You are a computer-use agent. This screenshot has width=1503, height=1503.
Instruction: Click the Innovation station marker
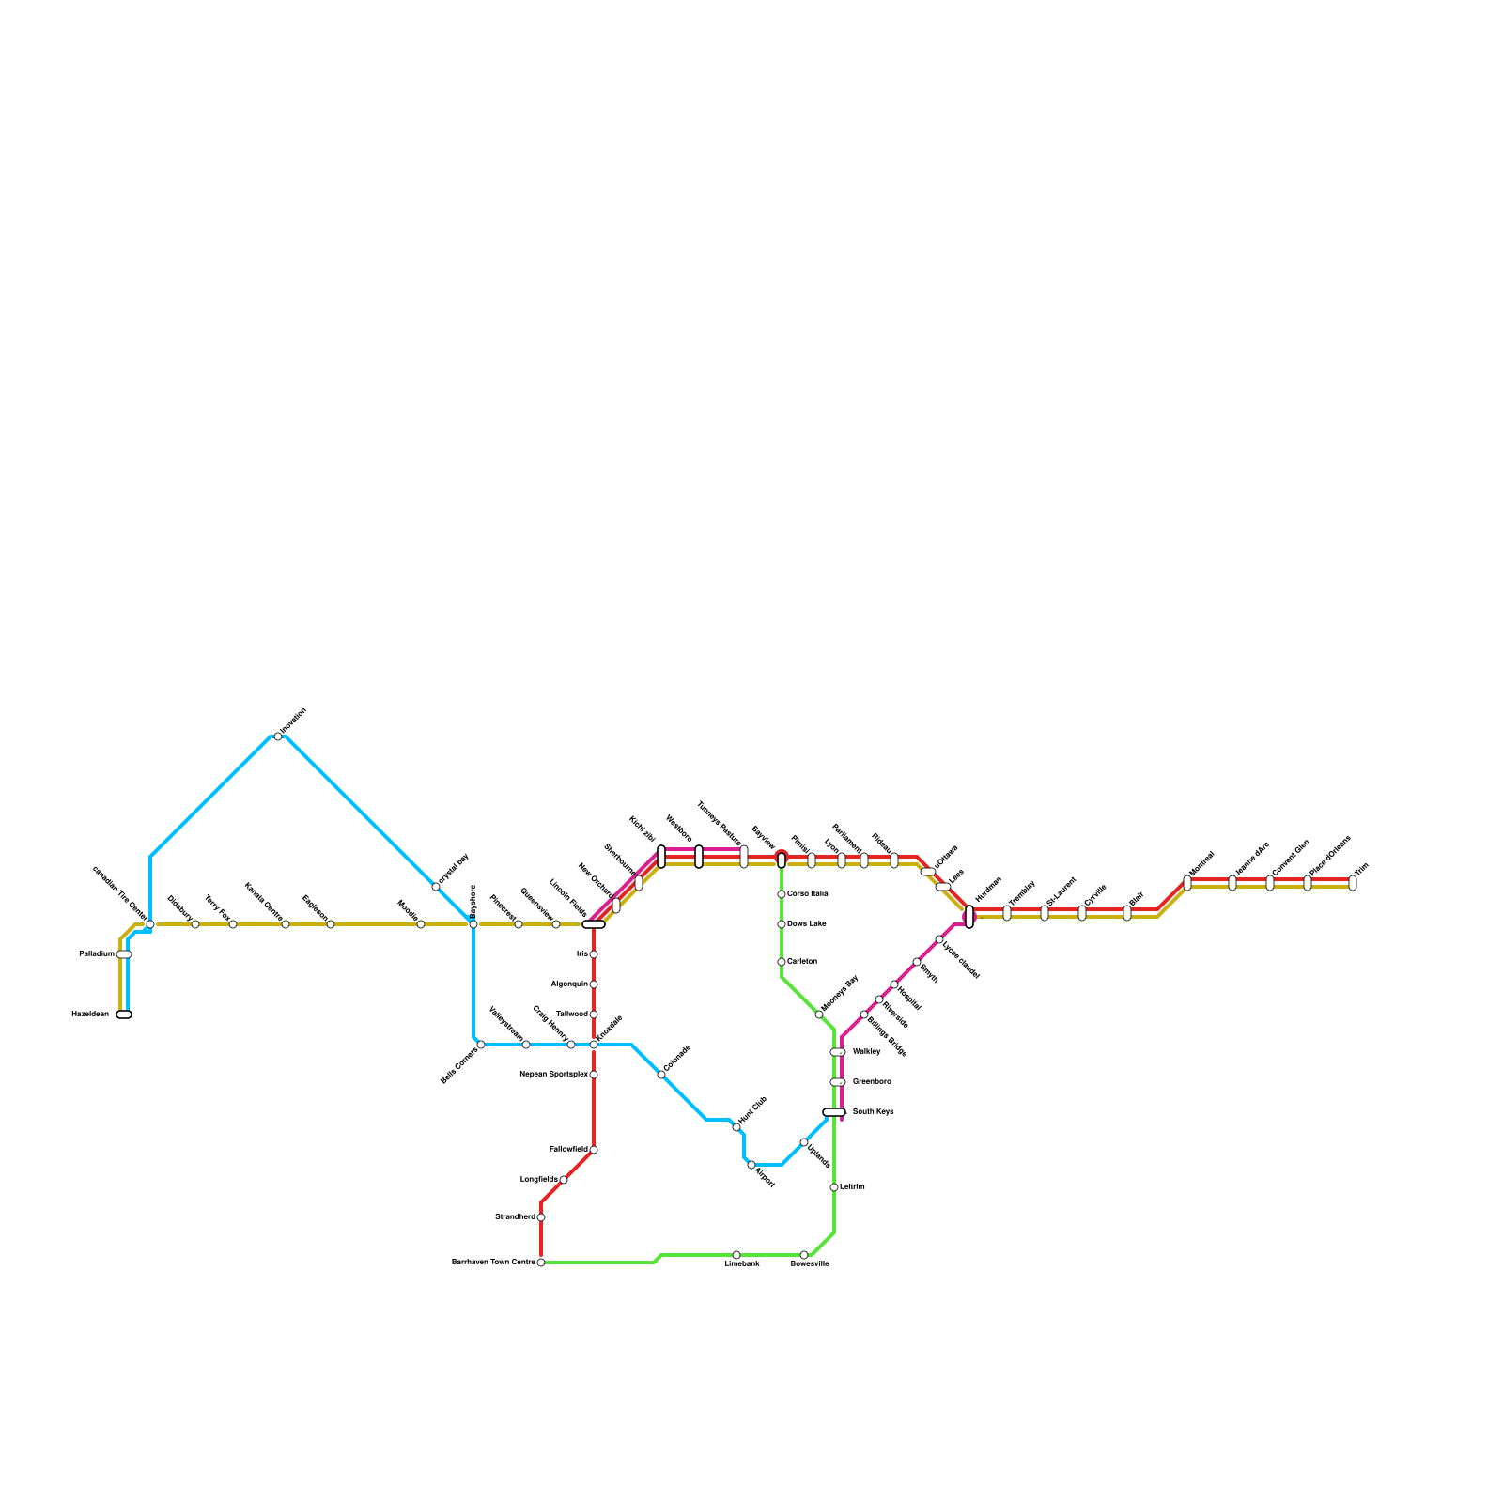tap(278, 736)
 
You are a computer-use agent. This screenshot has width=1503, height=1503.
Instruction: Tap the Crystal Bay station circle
tap(436, 887)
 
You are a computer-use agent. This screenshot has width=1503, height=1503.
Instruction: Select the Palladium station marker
tap(124, 954)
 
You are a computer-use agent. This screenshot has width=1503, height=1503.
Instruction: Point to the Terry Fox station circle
tap(233, 924)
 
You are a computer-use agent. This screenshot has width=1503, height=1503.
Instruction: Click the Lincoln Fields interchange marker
tap(594, 924)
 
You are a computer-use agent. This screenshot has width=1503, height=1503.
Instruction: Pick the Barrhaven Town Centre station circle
tap(541, 1263)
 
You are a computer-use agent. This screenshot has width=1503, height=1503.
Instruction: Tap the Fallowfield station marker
tap(594, 1150)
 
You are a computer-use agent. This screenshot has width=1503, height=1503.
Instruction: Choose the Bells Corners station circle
tap(481, 1045)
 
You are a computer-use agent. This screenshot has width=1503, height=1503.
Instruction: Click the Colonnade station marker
tap(661, 1075)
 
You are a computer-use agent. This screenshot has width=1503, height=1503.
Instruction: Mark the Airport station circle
tap(751, 1165)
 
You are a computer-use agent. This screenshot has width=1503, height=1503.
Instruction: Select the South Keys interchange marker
tap(834, 1112)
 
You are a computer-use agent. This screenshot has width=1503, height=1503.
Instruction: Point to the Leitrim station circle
tap(834, 1187)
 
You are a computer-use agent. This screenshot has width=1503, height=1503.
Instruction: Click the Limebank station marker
tap(736, 1255)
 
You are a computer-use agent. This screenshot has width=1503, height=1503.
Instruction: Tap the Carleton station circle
tap(782, 962)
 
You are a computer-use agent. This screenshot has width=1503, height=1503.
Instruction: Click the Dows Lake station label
tap(807, 924)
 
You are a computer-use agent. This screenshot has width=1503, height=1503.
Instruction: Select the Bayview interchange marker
tap(782, 860)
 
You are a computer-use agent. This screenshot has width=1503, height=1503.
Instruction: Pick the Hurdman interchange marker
tap(969, 916)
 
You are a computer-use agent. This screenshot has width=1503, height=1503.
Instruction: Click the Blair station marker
tap(1127, 912)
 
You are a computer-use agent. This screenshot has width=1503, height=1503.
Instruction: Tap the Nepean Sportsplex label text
tap(553, 1075)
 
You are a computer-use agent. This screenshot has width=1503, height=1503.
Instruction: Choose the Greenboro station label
tap(872, 1082)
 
